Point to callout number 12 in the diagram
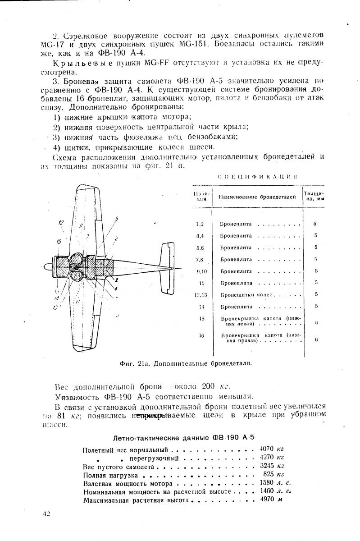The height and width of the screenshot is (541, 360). point(61,222)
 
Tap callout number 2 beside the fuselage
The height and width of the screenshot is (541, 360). point(116,280)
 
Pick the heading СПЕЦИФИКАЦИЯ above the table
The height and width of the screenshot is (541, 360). point(257,176)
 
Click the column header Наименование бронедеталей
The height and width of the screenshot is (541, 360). point(257,197)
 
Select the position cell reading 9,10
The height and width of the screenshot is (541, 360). point(201,271)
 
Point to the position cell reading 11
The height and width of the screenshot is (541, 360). point(201,283)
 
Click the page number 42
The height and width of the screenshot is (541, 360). point(46,514)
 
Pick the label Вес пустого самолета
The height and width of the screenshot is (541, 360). point(119,466)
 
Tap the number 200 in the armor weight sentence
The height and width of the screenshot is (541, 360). point(209,386)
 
